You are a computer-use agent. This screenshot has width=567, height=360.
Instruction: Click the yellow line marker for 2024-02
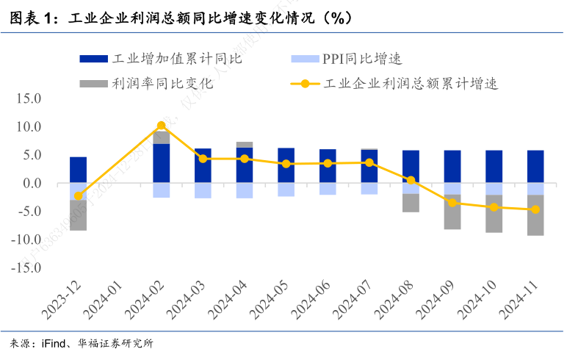[x=162, y=126]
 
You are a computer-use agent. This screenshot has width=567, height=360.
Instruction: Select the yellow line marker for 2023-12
[x=79, y=196]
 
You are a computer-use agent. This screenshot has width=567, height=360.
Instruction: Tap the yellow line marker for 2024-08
[x=411, y=180]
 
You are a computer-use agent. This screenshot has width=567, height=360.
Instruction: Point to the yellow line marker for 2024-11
[x=535, y=210]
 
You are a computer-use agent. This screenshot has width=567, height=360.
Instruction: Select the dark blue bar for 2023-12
[x=79, y=170]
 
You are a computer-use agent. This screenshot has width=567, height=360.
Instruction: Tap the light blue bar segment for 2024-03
[x=203, y=190]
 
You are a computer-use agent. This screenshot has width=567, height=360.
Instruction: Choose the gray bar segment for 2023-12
[x=79, y=215]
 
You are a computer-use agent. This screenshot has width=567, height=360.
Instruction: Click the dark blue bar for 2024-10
[x=494, y=167]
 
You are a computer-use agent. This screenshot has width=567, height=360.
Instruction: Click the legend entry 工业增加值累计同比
[x=162, y=58]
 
